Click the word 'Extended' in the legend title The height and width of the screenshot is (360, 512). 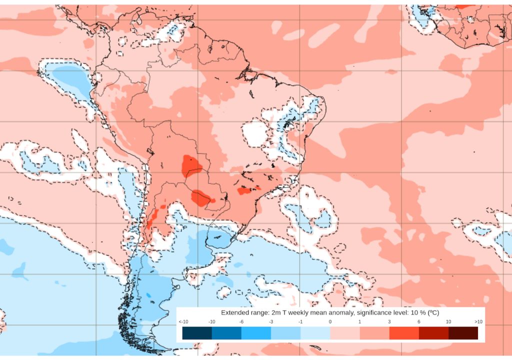pyautogui.click(x=235, y=312)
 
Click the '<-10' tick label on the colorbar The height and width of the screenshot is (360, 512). pyautogui.click(x=182, y=321)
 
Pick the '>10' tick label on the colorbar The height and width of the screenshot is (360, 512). pyautogui.click(x=477, y=321)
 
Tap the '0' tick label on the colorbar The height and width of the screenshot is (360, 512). pyautogui.click(x=330, y=321)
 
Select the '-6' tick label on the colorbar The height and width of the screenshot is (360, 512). pyautogui.click(x=241, y=321)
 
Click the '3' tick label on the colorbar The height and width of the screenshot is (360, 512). pyautogui.click(x=389, y=321)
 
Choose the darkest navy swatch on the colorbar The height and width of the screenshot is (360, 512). pyautogui.click(x=197, y=333)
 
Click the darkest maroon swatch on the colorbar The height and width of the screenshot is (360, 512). pyautogui.click(x=463, y=333)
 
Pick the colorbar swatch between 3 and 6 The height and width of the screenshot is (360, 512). pyautogui.click(x=404, y=333)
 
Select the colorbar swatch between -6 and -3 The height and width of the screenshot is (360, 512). pyautogui.click(x=256, y=333)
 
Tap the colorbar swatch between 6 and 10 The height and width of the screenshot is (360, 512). pyautogui.click(x=433, y=333)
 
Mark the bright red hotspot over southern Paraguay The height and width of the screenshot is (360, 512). pyautogui.click(x=201, y=198)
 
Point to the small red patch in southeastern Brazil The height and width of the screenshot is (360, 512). pyautogui.click(x=245, y=190)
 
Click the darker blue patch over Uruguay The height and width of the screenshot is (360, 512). pyautogui.click(x=218, y=239)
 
